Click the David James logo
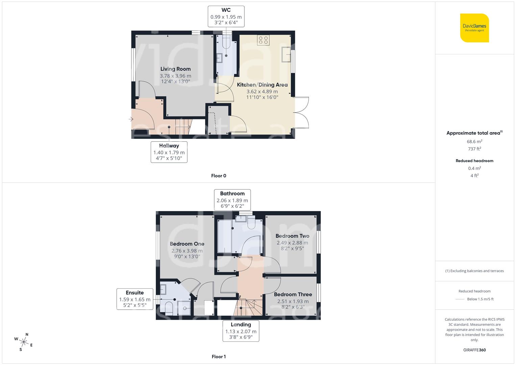(474, 28)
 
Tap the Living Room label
(175, 69)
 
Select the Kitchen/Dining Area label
(262, 85)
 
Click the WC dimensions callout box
(226, 16)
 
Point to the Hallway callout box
(169, 152)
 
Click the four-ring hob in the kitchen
(263, 40)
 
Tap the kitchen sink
(287, 55)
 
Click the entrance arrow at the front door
(131, 119)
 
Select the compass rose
(24, 341)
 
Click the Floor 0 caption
(219, 176)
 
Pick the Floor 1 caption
(219, 357)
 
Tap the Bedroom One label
(187, 244)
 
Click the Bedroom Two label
(292, 236)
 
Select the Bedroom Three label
(293, 294)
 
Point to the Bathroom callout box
(232, 200)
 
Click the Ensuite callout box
(134, 299)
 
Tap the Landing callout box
(241, 331)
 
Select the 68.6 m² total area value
(474, 142)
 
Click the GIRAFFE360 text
(474, 350)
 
